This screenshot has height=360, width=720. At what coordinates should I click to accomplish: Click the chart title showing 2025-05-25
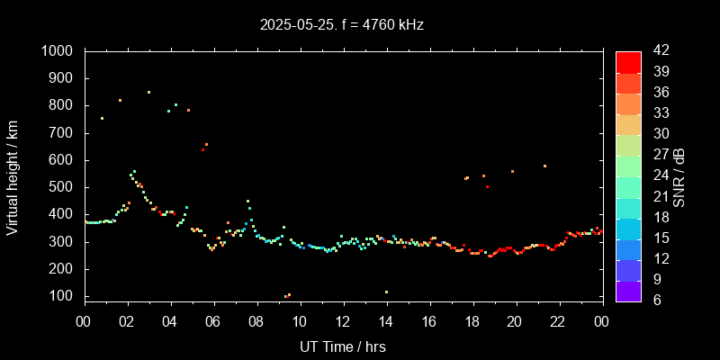click(341, 25)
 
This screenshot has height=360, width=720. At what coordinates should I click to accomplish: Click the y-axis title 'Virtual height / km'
click(13, 177)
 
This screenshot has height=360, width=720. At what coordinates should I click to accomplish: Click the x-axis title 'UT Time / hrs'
click(343, 346)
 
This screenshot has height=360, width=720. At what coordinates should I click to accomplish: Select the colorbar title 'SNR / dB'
click(679, 177)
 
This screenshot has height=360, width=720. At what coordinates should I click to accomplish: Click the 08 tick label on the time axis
click(256, 320)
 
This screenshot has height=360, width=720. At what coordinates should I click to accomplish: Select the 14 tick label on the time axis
click(386, 320)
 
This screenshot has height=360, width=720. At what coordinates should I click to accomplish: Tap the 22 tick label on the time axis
click(558, 320)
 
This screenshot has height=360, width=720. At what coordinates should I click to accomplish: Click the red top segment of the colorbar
click(628, 61)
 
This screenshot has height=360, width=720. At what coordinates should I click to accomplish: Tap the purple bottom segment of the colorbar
click(628, 290)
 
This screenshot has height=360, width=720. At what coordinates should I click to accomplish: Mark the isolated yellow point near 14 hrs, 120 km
click(386, 292)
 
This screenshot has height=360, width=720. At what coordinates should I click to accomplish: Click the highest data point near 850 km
click(148, 92)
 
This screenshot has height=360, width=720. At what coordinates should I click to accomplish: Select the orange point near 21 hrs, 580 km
click(544, 166)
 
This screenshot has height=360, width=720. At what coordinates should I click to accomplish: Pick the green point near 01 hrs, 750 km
click(102, 118)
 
